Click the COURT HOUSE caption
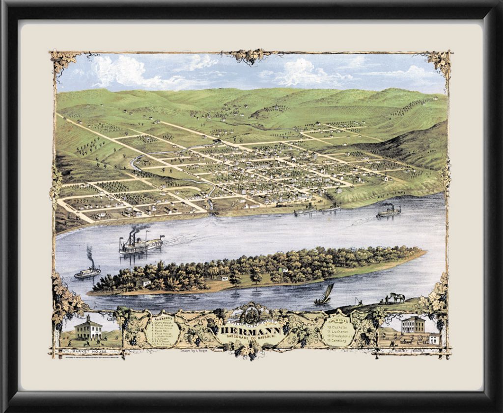pyautogui.click(x=414, y=352)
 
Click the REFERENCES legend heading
pyautogui.click(x=163, y=319)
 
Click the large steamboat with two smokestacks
pyautogui.click(x=140, y=243)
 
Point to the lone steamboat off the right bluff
pyautogui.click(x=389, y=212)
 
